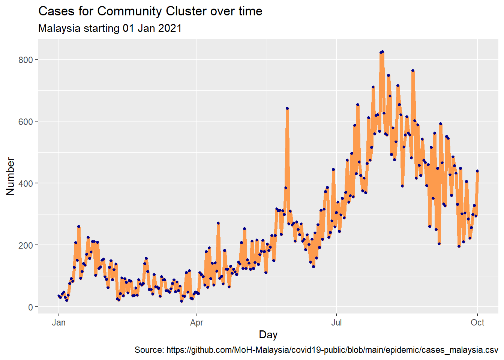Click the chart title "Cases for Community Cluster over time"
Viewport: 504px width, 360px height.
click(150, 11)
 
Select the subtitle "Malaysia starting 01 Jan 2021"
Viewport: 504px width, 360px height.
click(110, 28)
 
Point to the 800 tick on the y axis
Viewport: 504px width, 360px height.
click(26, 60)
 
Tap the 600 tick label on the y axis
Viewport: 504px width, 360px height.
click(26, 121)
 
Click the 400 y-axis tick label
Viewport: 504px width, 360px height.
click(26, 183)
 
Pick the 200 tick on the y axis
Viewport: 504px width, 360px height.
click(26, 245)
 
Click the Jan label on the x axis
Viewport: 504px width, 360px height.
click(58, 322)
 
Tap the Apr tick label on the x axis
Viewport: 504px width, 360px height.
click(197, 322)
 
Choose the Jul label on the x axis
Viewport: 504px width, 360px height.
click(336, 322)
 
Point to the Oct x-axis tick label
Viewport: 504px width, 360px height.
click(477, 322)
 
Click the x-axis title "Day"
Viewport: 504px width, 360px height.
click(268, 334)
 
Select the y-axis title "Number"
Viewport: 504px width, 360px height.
click(10, 176)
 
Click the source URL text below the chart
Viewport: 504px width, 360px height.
click(316, 350)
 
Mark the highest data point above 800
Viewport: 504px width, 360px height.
click(382, 52)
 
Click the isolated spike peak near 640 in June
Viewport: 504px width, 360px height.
click(287, 108)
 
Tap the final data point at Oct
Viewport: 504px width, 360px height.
click(477, 171)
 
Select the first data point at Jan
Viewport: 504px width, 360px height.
click(58, 296)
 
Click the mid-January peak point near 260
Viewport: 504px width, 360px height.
click(79, 226)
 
